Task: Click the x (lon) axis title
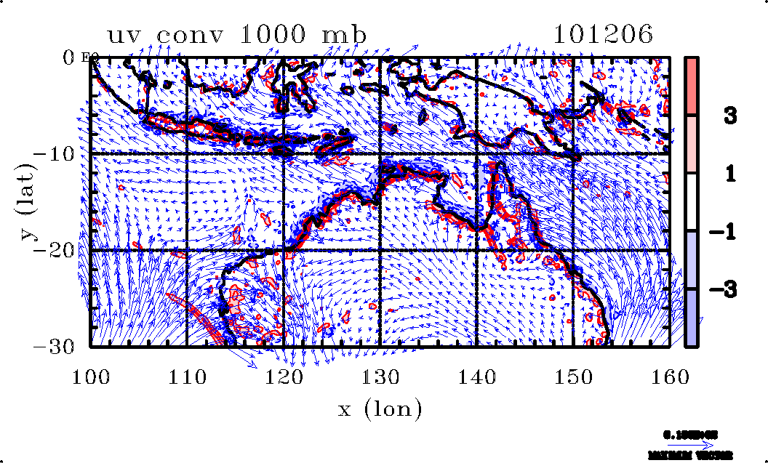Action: tap(380, 409)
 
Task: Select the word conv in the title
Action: tap(203, 35)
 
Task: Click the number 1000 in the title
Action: tap(280, 35)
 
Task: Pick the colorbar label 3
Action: tap(736, 115)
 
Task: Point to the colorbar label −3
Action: tap(730, 289)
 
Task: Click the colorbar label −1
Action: tap(730, 231)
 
